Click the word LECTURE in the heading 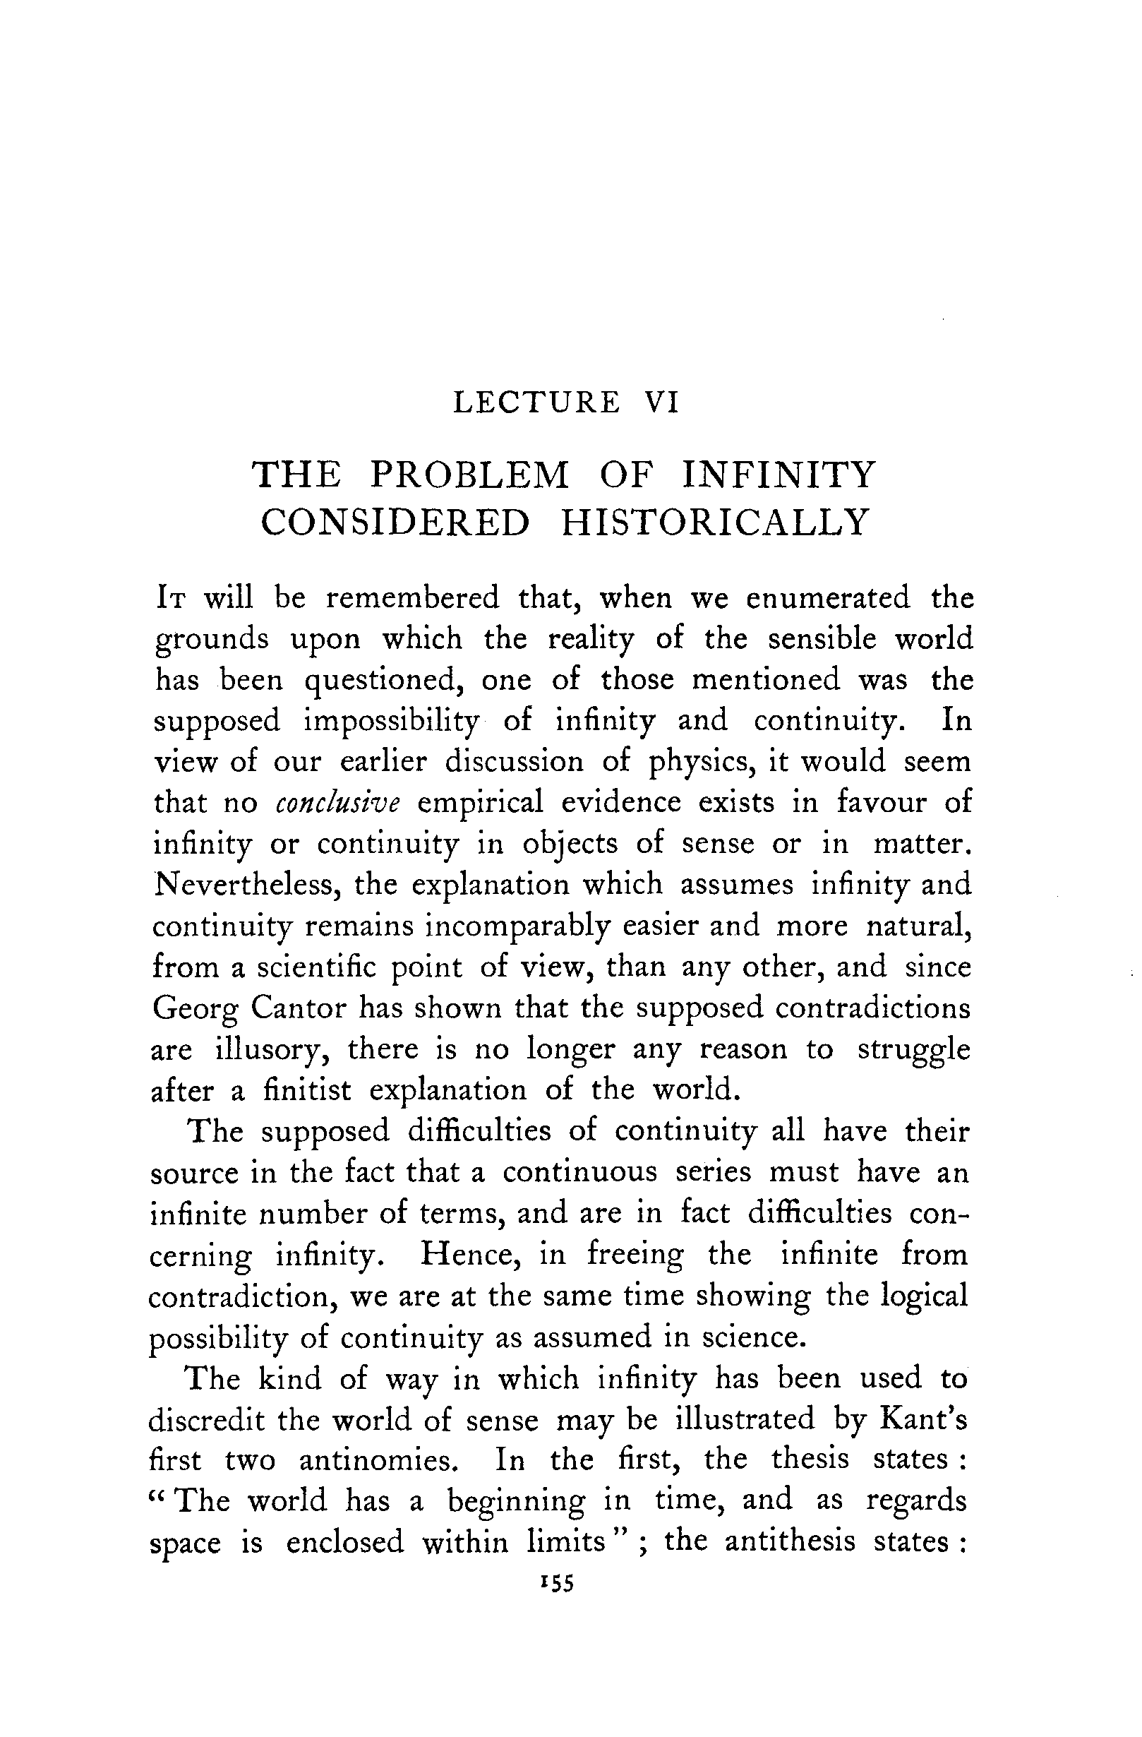(536, 403)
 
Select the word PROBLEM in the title (469, 475)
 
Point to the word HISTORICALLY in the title (714, 523)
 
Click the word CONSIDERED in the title (395, 523)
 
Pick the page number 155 (557, 1584)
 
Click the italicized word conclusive (339, 803)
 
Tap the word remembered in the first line (412, 598)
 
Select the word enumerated (827, 598)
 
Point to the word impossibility (391, 721)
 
